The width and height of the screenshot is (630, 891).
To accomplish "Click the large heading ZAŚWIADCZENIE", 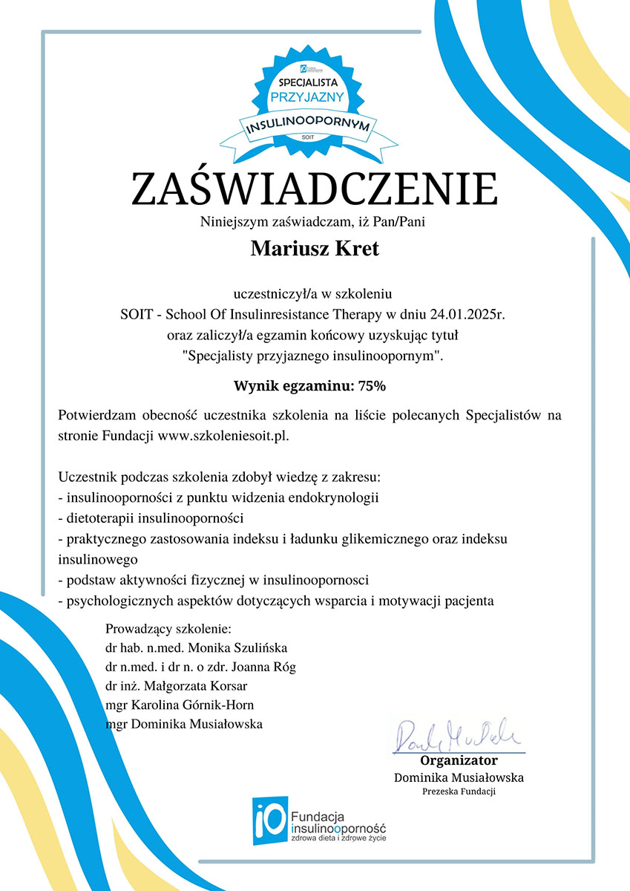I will point(315,189).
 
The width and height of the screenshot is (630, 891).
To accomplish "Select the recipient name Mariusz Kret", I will point(315,249).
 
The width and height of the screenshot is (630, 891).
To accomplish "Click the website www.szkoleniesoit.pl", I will point(222,435).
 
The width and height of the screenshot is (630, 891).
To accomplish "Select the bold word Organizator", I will point(459,760).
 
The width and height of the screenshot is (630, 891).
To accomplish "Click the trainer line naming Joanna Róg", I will point(200,666).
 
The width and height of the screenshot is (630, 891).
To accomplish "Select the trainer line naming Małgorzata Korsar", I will point(176,685).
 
